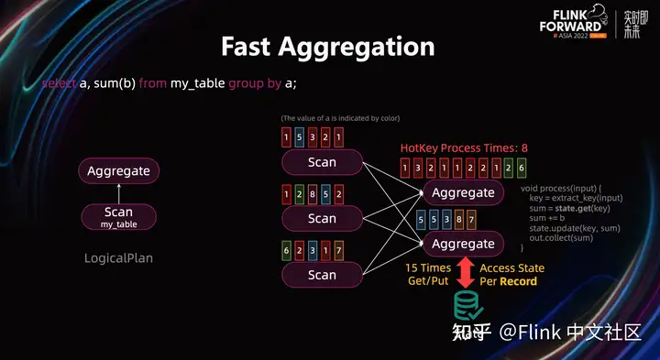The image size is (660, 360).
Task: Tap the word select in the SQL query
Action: click(x=60, y=83)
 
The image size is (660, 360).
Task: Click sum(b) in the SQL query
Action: click(x=120, y=83)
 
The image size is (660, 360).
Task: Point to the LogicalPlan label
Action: click(x=118, y=258)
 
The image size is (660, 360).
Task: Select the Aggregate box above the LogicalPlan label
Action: click(x=118, y=170)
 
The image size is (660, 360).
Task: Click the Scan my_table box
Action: click(x=118, y=216)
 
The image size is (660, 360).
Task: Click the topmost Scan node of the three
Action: click(x=322, y=162)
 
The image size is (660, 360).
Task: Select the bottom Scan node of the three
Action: click(x=322, y=274)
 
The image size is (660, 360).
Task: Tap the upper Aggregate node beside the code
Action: click(x=463, y=192)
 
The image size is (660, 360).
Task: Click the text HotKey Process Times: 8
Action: click(x=464, y=148)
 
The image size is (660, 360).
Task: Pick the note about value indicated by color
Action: click(x=340, y=118)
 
